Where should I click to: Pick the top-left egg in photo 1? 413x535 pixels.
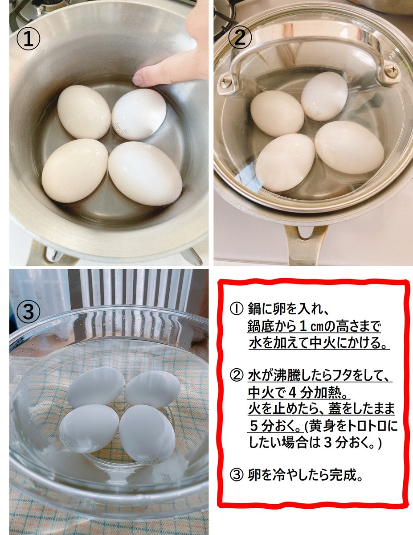pos(84,112)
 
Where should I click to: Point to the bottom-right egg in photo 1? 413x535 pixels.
pos(145,173)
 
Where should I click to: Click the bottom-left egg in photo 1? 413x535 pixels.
pos(74,170)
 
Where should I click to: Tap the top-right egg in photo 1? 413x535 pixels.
pos(139,114)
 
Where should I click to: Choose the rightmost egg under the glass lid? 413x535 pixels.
pos(349,147)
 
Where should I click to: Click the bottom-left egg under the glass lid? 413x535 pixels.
pos(285,162)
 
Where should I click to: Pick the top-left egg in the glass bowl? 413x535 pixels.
pos(95,387)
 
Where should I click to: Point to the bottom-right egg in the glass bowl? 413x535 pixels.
pos(147,434)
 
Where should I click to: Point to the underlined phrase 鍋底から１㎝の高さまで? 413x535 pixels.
pos(314,326)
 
